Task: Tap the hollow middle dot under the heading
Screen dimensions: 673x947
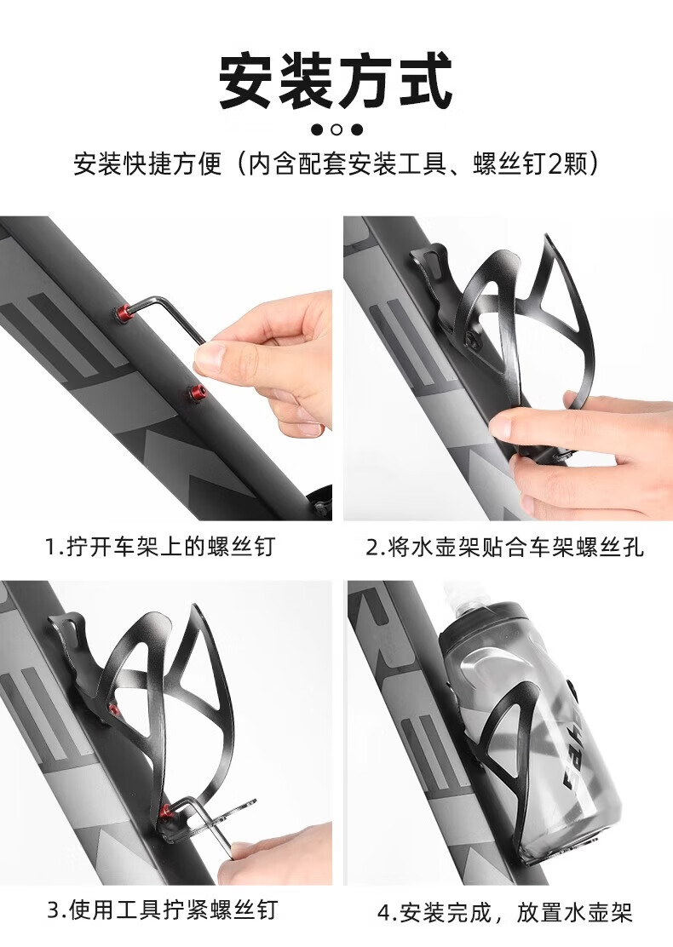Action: coord(336,129)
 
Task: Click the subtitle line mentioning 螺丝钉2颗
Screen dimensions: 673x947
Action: coord(336,163)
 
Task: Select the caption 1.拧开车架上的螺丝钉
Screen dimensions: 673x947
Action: coord(160,547)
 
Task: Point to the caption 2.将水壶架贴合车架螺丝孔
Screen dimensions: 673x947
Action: coord(505,548)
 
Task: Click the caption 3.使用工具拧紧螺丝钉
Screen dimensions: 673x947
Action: coord(163,910)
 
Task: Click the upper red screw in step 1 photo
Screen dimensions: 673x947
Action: coord(124,313)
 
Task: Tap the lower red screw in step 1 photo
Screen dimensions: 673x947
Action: coord(196,393)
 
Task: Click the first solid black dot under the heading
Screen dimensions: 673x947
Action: coord(317,129)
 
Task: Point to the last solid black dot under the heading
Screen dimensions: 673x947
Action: coord(357,129)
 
